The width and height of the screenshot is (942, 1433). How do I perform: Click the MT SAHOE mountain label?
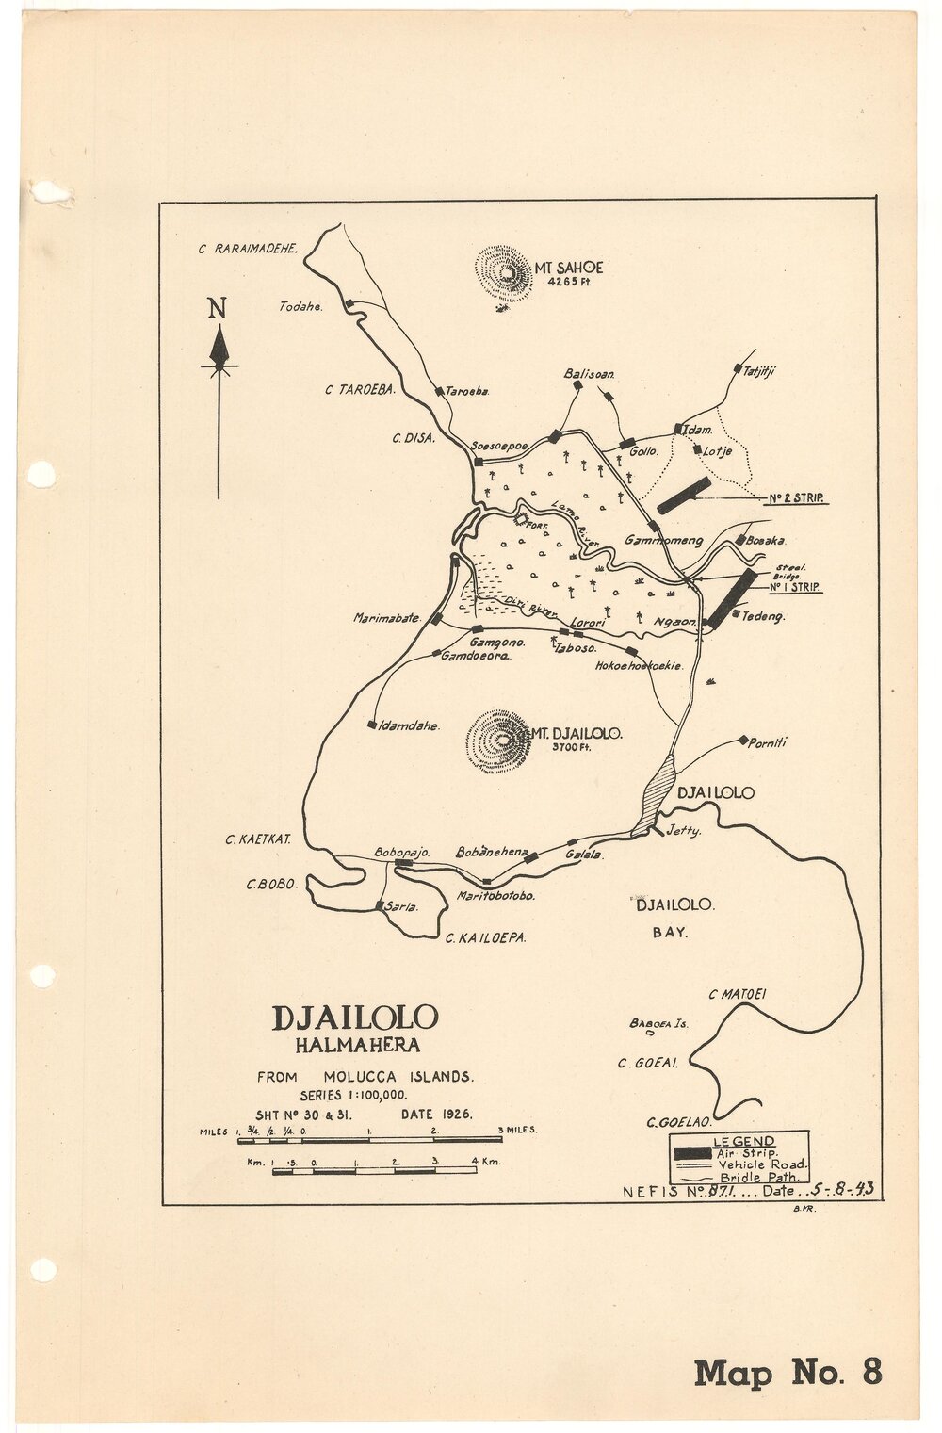coord(569,269)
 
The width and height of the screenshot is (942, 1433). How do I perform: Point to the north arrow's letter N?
coord(218,308)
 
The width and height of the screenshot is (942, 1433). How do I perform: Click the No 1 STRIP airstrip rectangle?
coord(732,598)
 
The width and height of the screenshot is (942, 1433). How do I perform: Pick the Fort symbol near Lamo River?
coord(523,519)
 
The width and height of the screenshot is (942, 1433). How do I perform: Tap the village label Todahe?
coord(301,307)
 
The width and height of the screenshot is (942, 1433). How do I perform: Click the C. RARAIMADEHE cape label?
coord(248,249)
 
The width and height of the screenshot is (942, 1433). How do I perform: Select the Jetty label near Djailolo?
coord(684,831)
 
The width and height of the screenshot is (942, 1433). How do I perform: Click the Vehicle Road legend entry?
coord(761,1164)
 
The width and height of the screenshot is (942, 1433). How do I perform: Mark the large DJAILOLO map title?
coord(355,1018)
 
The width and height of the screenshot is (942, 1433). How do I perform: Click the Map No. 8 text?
coord(788,1372)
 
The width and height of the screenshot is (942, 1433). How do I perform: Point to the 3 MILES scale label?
coord(516,1130)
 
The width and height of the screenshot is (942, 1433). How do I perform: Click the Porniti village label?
coord(767,742)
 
